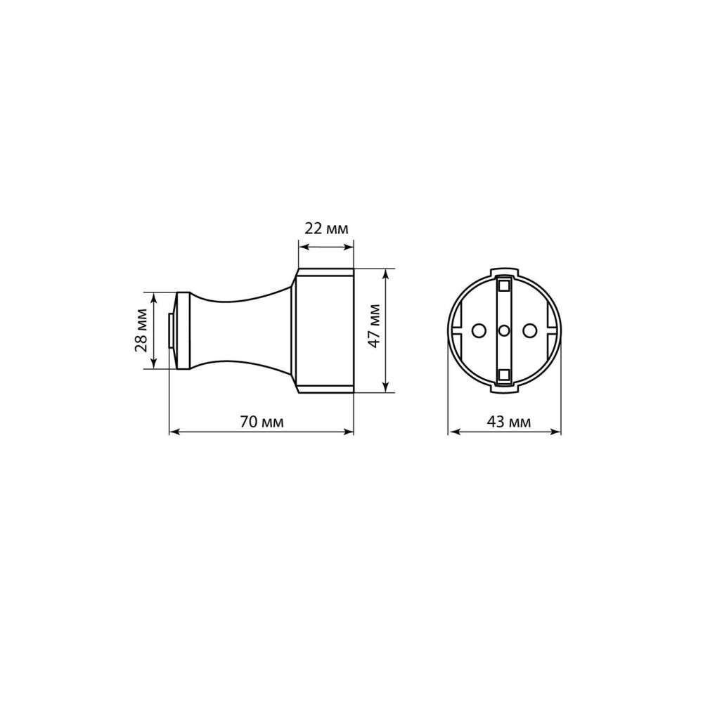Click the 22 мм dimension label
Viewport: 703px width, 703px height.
point(326,228)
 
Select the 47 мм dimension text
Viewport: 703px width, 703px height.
point(373,326)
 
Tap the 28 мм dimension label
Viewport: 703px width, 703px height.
point(142,330)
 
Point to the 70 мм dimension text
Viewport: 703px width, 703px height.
point(262,421)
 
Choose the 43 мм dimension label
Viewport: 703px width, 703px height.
point(508,421)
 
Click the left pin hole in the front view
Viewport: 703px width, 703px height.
point(478,331)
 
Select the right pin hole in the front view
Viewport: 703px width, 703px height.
point(530,331)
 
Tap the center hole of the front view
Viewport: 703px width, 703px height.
point(504,331)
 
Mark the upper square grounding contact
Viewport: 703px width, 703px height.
point(504,285)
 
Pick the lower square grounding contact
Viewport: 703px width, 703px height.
point(504,375)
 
